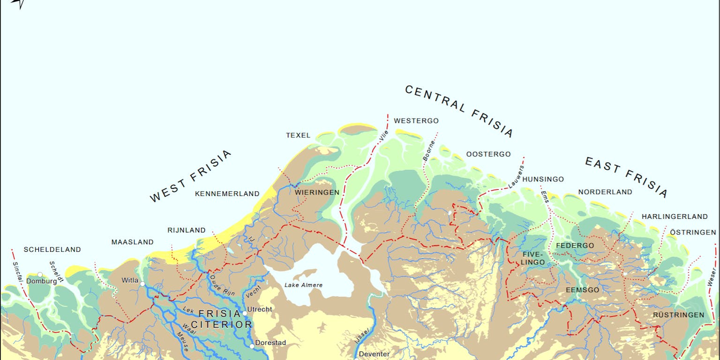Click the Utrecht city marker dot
(244, 313)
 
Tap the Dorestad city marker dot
(252, 346)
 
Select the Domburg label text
(41, 281)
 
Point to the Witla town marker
(142, 284)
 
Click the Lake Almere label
(303, 285)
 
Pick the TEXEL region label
(298, 135)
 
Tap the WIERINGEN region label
(317, 192)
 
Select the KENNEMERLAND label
(227, 194)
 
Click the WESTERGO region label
(416, 121)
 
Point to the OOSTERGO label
(488, 154)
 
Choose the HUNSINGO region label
(543, 179)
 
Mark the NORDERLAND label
(605, 192)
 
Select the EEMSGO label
(582, 290)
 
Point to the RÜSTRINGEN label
(678, 315)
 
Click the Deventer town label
(374, 354)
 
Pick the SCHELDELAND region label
(52, 250)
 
